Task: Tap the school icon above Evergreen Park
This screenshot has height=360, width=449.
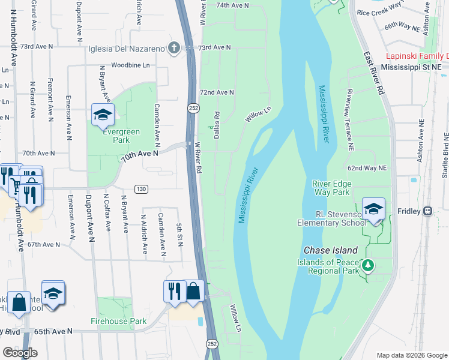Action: (x=103, y=115)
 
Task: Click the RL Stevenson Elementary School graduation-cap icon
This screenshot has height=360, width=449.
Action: (x=374, y=209)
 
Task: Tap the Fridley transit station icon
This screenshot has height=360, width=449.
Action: (x=427, y=211)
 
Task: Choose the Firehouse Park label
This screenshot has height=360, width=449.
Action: (x=119, y=321)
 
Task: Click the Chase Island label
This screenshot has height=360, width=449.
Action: (x=331, y=250)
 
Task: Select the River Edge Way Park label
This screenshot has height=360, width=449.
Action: (x=331, y=188)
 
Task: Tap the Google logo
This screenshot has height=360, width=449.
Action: (x=20, y=353)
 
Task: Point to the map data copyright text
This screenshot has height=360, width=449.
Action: (x=412, y=355)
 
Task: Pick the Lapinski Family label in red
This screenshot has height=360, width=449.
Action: (x=417, y=56)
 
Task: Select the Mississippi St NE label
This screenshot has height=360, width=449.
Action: (x=414, y=68)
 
